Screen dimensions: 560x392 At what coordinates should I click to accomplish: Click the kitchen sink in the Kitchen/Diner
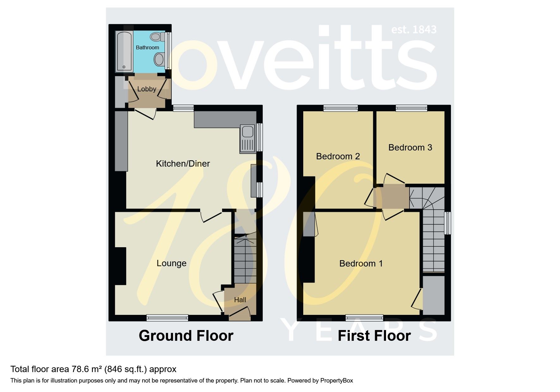pyautogui.click(x=247, y=139)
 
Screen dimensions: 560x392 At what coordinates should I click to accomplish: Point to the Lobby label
pyautogui.click(x=147, y=89)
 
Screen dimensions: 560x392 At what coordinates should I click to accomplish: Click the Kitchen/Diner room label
pyautogui.click(x=183, y=163)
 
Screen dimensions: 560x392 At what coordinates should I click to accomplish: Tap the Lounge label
pyautogui.click(x=171, y=263)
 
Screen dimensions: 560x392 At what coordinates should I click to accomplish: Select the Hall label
pyautogui.click(x=240, y=300)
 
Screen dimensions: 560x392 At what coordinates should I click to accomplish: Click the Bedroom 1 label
pyautogui.click(x=361, y=263)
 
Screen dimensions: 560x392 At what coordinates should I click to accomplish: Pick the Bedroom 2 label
pyautogui.click(x=338, y=156)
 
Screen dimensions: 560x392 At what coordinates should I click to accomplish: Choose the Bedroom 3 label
pyautogui.click(x=410, y=147)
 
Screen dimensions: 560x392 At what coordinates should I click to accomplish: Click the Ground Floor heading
pyautogui.click(x=186, y=335)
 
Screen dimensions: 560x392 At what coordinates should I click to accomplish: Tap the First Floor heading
pyautogui.click(x=374, y=335)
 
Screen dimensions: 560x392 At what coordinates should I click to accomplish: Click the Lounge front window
pyautogui.click(x=167, y=318)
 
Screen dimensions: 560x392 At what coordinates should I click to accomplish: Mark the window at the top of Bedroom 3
pyautogui.click(x=411, y=108)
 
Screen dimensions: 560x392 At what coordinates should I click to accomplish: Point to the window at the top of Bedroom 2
pyautogui.click(x=341, y=108)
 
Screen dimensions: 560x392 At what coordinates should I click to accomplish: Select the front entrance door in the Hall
pyautogui.click(x=240, y=312)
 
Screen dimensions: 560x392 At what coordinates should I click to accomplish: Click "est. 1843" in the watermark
pyautogui.click(x=414, y=30)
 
